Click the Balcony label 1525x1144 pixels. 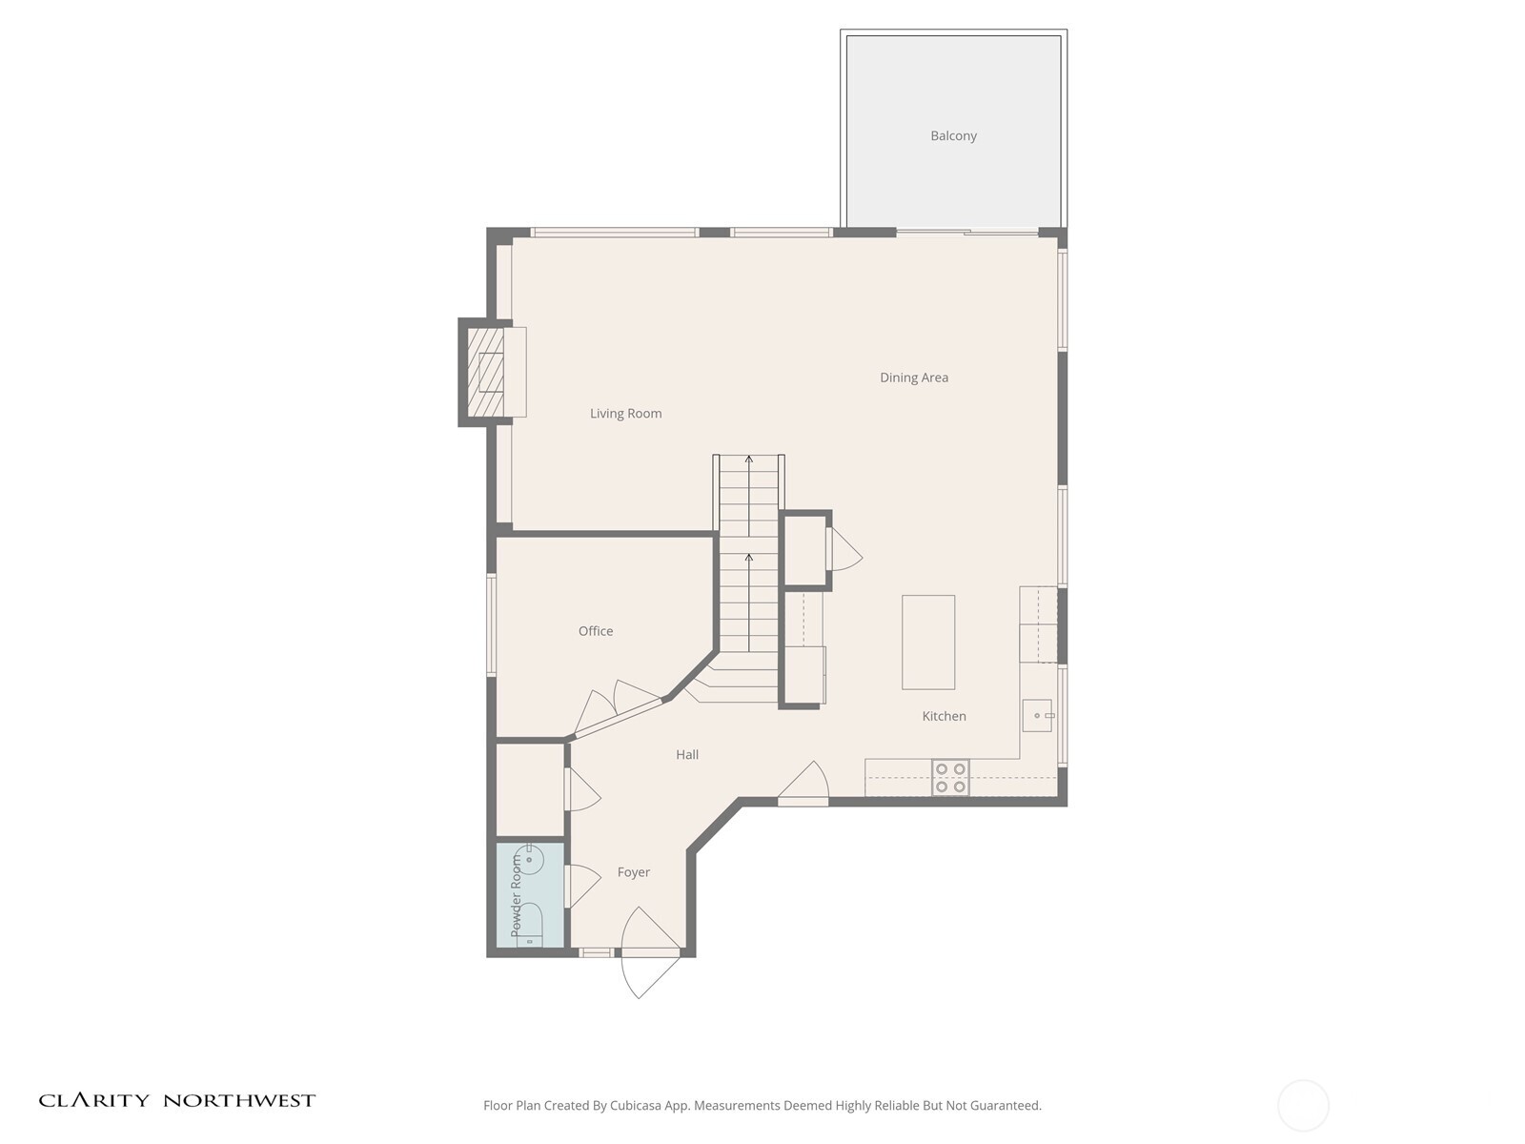pyautogui.click(x=953, y=135)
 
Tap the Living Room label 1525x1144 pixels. pyautogui.click(x=625, y=413)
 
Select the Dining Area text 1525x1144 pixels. pyautogui.click(x=913, y=378)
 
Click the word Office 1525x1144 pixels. pyautogui.click(x=596, y=631)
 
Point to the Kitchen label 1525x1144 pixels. pyautogui.click(x=944, y=716)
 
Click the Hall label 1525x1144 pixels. pyautogui.click(x=687, y=754)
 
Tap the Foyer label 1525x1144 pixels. pyautogui.click(x=633, y=872)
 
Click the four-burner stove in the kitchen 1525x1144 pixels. pyautogui.click(x=950, y=777)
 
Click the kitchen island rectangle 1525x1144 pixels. pyautogui.click(x=928, y=642)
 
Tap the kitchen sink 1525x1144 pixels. pyautogui.click(x=1037, y=715)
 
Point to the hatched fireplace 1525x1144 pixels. pyautogui.click(x=490, y=372)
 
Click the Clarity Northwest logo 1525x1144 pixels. pyautogui.click(x=176, y=1100)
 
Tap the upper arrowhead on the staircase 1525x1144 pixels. pyautogui.click(x=749, y=460)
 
